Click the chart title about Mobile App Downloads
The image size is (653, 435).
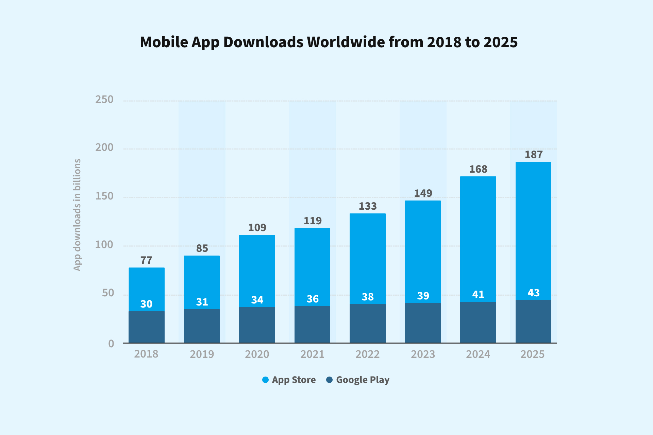tap(329, 42)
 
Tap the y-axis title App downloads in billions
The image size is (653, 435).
tap(78, 215)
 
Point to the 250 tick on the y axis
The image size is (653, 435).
tap(104, 100)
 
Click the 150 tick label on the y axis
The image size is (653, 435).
tap(104, 196)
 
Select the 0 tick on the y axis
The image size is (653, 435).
tap(111, 344)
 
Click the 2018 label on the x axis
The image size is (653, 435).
tap(146, 354)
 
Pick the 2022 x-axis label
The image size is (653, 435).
tap(367, 354)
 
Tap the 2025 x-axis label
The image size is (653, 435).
tap(533, 354)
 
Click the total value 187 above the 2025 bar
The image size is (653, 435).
tap(534, 155)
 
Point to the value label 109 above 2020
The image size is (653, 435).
tap(257, 228)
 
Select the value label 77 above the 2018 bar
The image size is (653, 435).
tap(146, 260)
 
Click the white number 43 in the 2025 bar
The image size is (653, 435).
tap(534, 293)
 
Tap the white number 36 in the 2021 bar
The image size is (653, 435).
tap(313, 299)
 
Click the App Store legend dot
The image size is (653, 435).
tap(266, 380)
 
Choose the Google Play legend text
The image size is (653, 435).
tap(363, 380)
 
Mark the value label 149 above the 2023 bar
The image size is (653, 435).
tap(423, 193)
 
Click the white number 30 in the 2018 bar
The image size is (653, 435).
tap(146, 304)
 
